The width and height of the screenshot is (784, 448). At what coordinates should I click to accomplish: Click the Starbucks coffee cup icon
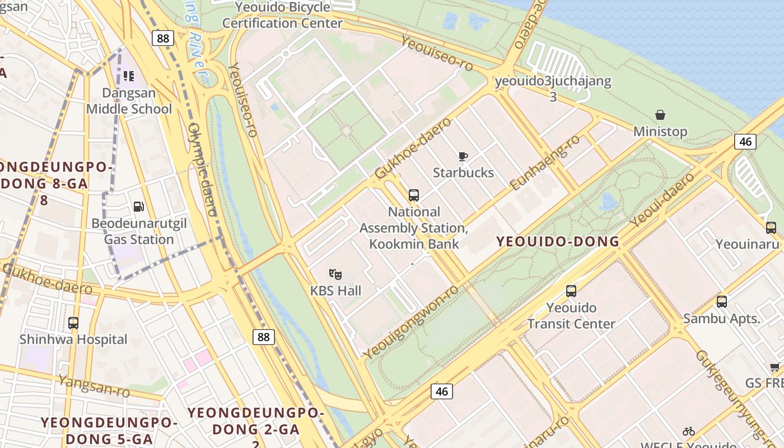pyautogui.click(x=463, y=156)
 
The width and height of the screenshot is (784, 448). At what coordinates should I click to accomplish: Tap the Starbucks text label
pyautogui.click(x=463, y=172)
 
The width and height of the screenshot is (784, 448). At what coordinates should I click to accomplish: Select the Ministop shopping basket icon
pyautogui.click(x=660, y=115)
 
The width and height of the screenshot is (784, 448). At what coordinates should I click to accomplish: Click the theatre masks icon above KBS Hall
pyautogui.click(x=335, y=274)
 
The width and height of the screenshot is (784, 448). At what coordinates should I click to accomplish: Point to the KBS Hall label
pyautogui.click(x=335, y=291)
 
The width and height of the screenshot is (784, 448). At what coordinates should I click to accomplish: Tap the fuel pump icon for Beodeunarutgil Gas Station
pyautogui.click(x=138, y=207)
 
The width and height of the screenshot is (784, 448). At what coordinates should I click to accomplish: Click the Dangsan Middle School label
pyautogui.click(x=129, y=101)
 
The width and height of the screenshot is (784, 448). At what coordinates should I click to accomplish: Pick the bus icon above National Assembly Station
pyautogui.click(x=414, y=195)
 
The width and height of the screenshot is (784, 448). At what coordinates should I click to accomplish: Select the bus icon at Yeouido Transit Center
pyautogui.click(x=571, y=291)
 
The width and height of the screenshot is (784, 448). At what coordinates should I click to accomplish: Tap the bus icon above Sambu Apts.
pyautogui.click(x=722, y=302)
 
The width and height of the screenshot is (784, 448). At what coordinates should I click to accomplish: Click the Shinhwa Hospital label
pyautogui.click(x=73, y=339)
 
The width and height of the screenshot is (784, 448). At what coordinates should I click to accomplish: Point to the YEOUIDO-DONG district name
pyautogui.click(x=558, y=242)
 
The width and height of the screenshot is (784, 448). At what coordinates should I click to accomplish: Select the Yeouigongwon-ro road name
pyautogui.click(x=410, y=323)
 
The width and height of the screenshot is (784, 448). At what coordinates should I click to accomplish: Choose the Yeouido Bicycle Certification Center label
pyautogui.click(x=282, y=15)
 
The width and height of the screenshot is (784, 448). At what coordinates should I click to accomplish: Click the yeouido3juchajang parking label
pyautogui.click(x=553, y=82)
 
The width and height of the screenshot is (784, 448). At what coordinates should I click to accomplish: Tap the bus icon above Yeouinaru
pyautogui.click(x=771, y=228)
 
